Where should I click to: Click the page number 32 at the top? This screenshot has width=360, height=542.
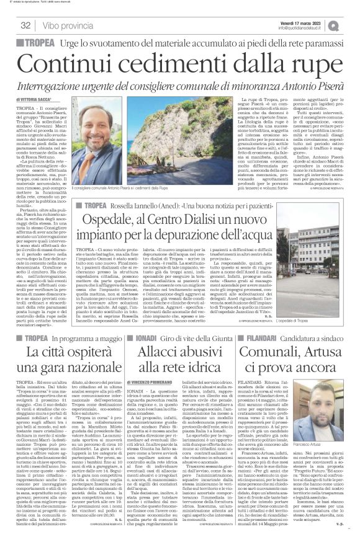tap(26, 25)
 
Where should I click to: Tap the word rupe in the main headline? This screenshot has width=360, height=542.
tap(308, 62)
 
